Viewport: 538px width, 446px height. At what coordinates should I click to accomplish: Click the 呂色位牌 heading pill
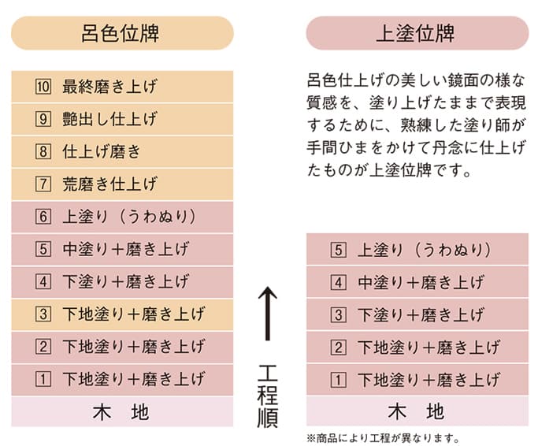coord(123,33)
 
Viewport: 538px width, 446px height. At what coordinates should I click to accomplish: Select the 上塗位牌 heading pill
coord(417,33)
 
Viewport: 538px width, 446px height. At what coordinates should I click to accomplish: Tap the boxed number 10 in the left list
coord(43,87)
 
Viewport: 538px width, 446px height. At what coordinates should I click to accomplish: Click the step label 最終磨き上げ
coord(109,87)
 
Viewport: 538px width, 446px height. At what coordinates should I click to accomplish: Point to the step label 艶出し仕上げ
coord(109,119)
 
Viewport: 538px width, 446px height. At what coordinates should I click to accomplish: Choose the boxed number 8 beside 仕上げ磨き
coord(43,151)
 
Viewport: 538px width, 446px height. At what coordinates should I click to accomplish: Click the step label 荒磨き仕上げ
coord(109,184)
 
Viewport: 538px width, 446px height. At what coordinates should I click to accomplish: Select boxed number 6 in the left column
coord(43,217)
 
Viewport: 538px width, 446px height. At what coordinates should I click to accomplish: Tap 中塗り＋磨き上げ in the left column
coord(125,249)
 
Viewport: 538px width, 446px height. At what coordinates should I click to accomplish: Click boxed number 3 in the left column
coord(43,314)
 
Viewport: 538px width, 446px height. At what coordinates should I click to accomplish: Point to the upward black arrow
coord(268,313)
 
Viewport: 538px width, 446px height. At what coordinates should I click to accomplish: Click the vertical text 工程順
coord(268,396)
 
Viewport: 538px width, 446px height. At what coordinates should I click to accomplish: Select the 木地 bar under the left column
coord(122,411)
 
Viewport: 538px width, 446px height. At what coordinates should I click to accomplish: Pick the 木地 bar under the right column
coord(417,411)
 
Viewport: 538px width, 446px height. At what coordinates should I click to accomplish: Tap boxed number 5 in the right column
coord(338,250)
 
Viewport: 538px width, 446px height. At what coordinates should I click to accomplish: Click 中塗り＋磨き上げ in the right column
coord(421,282)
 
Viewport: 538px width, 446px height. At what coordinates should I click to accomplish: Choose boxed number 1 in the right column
coord(338,380)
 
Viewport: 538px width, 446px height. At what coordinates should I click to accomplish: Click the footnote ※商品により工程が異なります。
coord(383,438)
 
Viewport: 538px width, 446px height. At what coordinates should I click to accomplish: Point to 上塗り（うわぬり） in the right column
coord(424,250)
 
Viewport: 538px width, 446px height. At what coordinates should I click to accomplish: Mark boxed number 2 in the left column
coord(43,347)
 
